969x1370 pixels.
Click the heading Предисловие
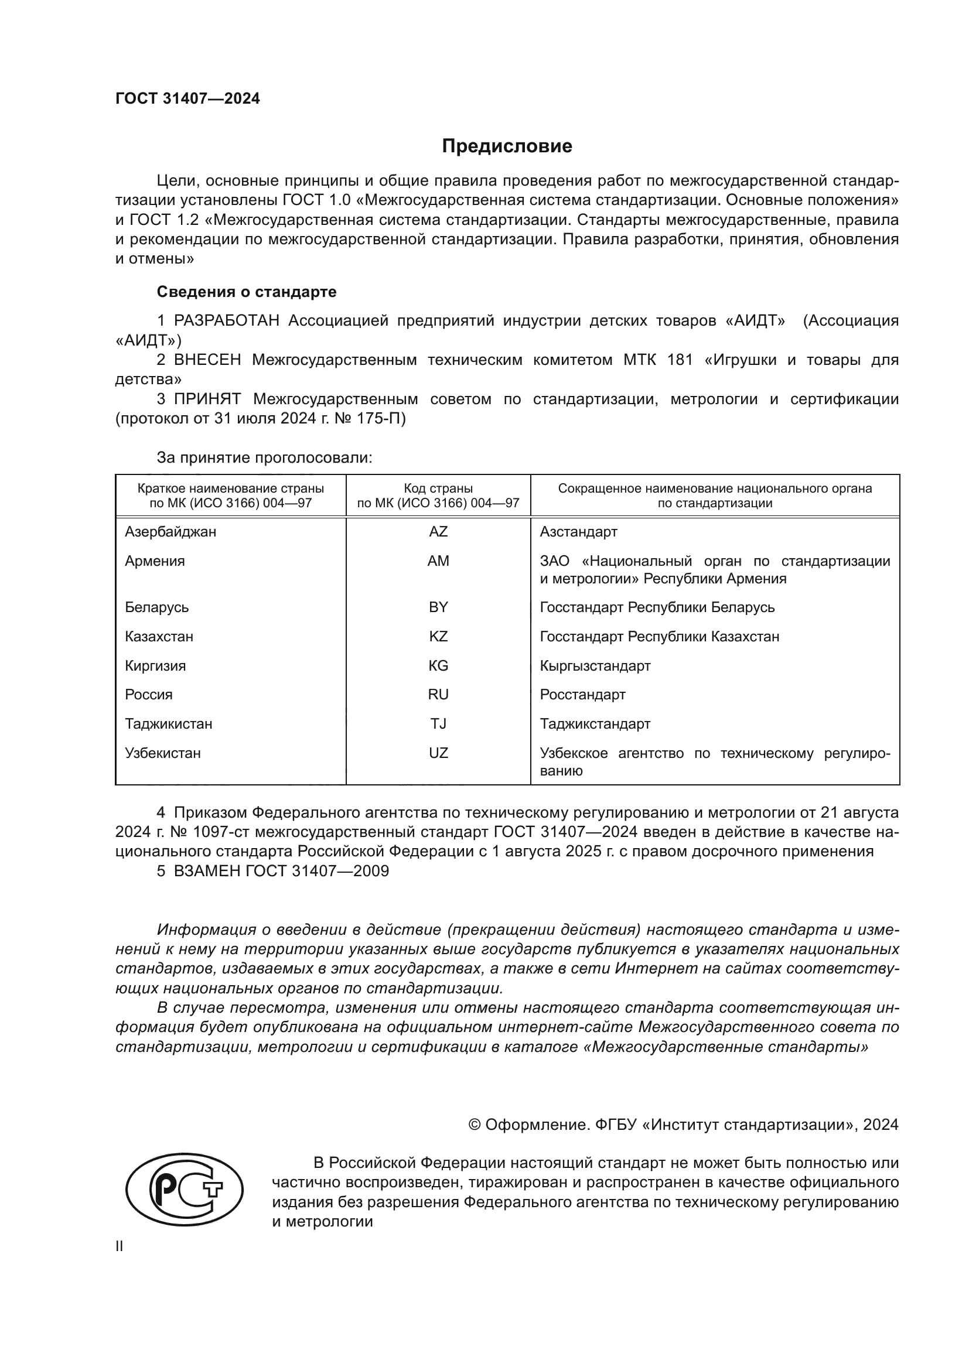click(x=507, y=146)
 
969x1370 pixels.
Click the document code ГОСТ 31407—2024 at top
click(x=187, y=99)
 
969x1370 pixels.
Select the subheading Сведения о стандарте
click(x=247, y=292)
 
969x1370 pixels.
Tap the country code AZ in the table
click(x=438, y=532)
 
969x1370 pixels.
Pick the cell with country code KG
click(x=438, y=665)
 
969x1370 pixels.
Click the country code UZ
click(x=438, y=753)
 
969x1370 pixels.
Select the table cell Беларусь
click(x=156, y=607)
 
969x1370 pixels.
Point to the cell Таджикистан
click(x=168, y=724)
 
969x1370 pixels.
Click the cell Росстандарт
click(x=582, y=695)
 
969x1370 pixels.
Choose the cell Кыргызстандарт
click(x=595, y=665)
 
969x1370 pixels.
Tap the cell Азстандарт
click(x=578, y=532)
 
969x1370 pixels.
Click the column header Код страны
click(x=438, y=488)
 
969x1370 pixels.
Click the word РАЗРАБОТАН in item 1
click(x=227, y=321)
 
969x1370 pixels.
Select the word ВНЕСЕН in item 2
click(x=207, y=360)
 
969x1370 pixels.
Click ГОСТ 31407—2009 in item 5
click(x=317, y=871)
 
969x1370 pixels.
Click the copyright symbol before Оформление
click(x=475, y=1125)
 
